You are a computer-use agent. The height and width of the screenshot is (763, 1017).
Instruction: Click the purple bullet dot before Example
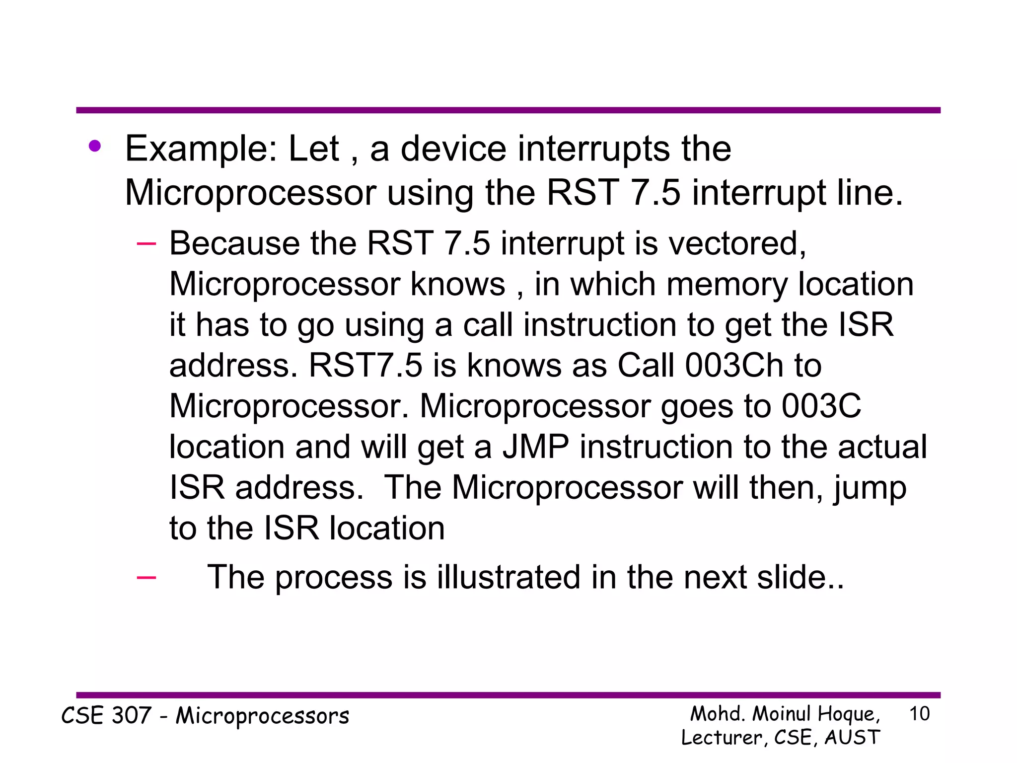(x=95, y=146)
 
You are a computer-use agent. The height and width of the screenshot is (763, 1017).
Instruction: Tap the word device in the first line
(x=453, y=149)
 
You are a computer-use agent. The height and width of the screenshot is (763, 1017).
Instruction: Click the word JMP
(x=535, y=447)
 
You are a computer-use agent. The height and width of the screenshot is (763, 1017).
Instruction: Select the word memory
(x=726, y=284)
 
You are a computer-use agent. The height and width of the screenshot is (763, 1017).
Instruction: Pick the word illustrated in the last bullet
(x=508, y=577)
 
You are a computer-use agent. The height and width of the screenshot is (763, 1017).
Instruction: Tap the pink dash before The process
(x=146, y=577)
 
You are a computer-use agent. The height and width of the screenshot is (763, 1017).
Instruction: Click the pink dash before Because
(x=146, y=243)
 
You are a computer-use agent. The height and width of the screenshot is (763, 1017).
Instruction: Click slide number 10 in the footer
(x=919, y=714)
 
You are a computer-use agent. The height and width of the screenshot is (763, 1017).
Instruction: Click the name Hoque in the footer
(x=848, y=714)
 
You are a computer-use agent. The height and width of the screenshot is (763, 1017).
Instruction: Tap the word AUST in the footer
(x=852, y=737)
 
